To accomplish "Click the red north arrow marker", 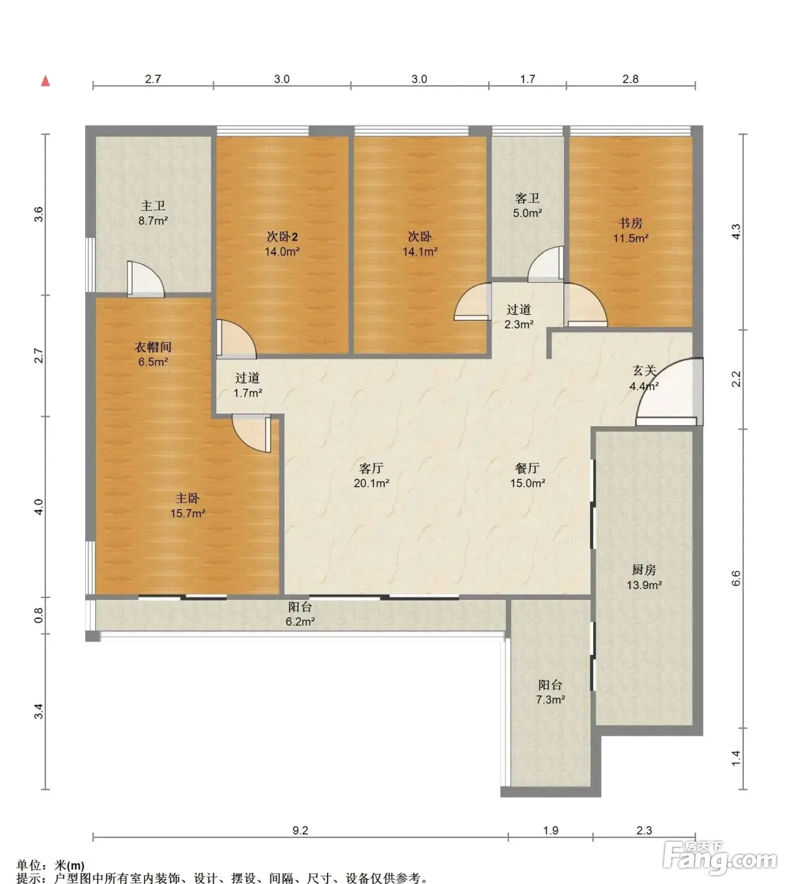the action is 45,81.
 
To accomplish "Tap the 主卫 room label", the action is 153,205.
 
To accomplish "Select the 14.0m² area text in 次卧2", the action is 282,251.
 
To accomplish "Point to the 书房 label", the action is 630,223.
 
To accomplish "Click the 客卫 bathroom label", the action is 527,198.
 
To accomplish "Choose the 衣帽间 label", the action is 153,347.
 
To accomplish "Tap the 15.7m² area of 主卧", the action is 187,513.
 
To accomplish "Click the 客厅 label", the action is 371,468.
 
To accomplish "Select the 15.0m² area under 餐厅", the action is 527,483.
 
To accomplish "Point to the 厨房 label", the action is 644,570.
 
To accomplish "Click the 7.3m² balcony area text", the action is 550,700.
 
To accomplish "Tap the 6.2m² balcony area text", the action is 300,621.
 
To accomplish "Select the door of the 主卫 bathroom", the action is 146,280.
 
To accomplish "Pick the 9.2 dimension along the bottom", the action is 300,830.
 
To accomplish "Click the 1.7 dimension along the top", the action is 527,79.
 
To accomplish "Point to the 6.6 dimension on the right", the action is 736,578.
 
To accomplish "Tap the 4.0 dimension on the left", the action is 39,506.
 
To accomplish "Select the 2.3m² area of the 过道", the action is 519,324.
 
